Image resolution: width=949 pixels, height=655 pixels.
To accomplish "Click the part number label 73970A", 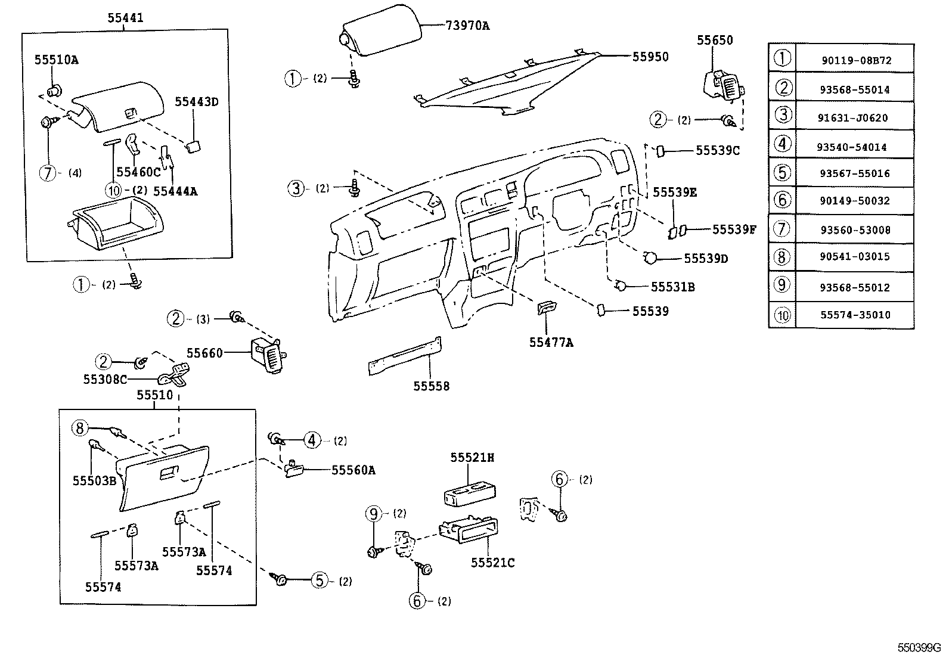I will pos(467,25).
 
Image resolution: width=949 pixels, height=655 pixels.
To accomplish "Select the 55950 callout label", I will pos(650,57).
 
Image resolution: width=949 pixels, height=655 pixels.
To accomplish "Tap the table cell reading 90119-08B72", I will pos(855,61).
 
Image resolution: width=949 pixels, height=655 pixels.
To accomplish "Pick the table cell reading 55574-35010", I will pos(855,315).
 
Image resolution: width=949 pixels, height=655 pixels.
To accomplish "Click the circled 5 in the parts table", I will pos(782,173).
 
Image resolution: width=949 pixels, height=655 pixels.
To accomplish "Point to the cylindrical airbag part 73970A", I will pos(382,37).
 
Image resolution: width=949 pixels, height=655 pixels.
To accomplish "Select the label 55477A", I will pos(551,343).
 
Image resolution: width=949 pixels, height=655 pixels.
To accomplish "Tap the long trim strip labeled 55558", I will pos(405,356).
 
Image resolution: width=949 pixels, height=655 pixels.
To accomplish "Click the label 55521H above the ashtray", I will pos(472,457).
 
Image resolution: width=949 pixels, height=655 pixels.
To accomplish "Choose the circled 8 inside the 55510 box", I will pos(80,428).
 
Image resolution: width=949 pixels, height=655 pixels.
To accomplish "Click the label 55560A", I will pos(353,470).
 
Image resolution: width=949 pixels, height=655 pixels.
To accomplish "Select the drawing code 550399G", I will pos(919,647).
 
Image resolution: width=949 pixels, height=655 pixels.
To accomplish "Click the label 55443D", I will pos(196,102).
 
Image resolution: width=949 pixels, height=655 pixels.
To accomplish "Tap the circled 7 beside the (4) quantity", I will pos(48,173).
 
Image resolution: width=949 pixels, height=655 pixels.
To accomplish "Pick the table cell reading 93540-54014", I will pos(855,147).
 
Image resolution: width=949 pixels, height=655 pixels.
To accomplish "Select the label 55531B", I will pos(672,287).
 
